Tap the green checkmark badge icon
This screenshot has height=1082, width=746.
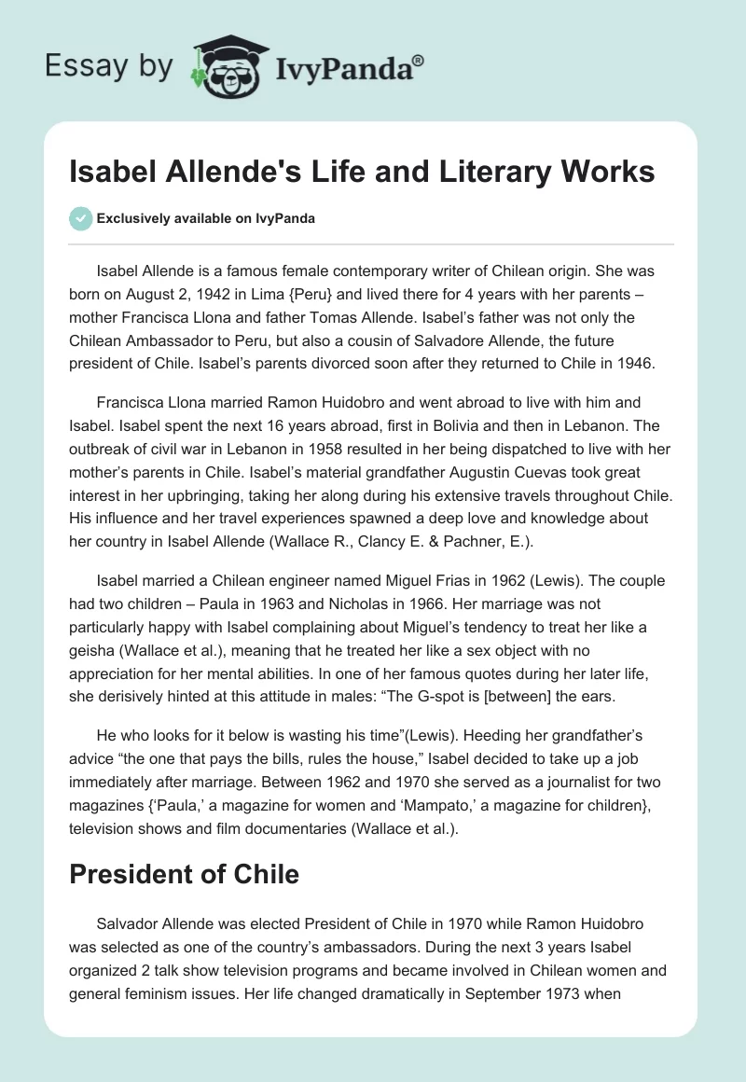click(81, 218)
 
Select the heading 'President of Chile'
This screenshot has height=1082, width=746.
click(185, 874)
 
